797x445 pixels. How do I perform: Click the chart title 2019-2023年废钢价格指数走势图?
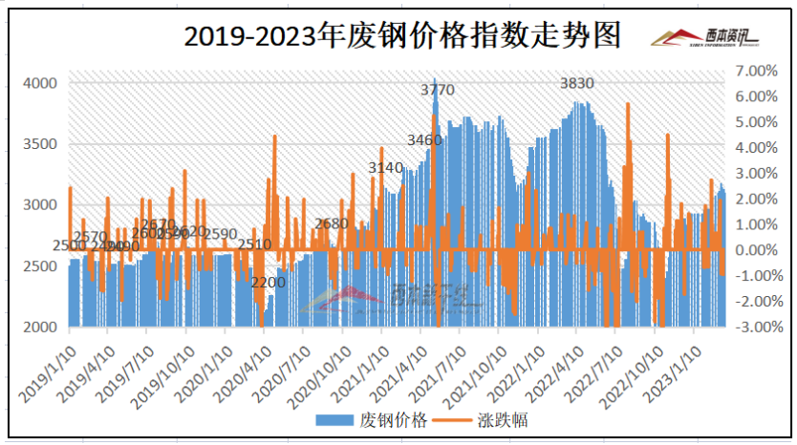(x=401, y=36)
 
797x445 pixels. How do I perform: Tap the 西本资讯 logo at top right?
(x=703, y=37)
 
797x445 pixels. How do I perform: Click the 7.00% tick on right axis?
(x=757, y=71)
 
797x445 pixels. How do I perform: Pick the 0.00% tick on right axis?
(x=757, y=250)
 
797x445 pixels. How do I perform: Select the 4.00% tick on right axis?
(x=757, y=147)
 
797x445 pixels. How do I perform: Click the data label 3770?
(x=438, y=91)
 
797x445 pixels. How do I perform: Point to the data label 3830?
(x=576, y=84)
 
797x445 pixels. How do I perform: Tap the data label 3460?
(x=424, y=140)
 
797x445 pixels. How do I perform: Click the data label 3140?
(x=386, y=168)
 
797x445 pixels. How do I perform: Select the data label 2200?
(x=268, y=282)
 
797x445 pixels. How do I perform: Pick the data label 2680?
(x=331, y=223)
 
